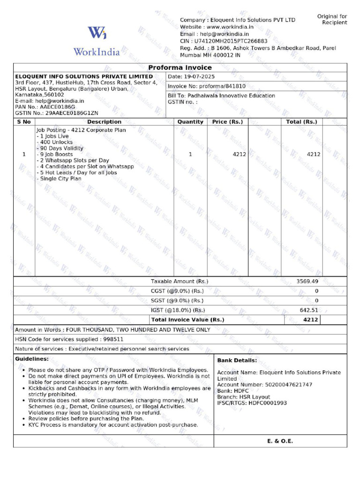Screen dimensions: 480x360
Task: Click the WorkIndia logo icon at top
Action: [x=97, y=33]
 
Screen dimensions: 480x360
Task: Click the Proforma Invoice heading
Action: [x=180, y=67]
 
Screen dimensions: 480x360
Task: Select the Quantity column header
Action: [x=190, y=122]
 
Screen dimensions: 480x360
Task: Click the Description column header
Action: [x=104, y=122]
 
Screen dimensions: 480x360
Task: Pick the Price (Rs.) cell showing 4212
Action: [x=239, y=154]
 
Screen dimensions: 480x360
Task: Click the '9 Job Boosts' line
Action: [x=56, y=154]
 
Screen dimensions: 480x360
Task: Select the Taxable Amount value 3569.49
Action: [x=307, y=281]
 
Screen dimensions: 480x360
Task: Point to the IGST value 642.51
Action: [x=309, y=310]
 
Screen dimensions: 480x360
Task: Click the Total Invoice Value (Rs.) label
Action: [x=188, y=320]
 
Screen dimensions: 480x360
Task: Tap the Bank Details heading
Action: [x=237, y=360]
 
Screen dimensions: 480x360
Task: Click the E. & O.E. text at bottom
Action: [x=280, y=441]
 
